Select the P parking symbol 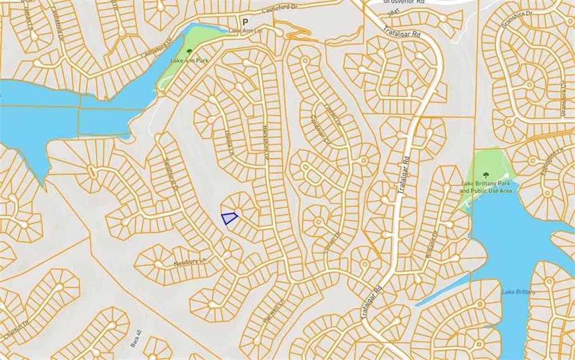245,21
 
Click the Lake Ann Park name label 188,60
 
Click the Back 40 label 134,338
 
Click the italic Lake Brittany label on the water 518,293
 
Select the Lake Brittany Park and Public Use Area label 486,187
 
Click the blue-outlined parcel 230,218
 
